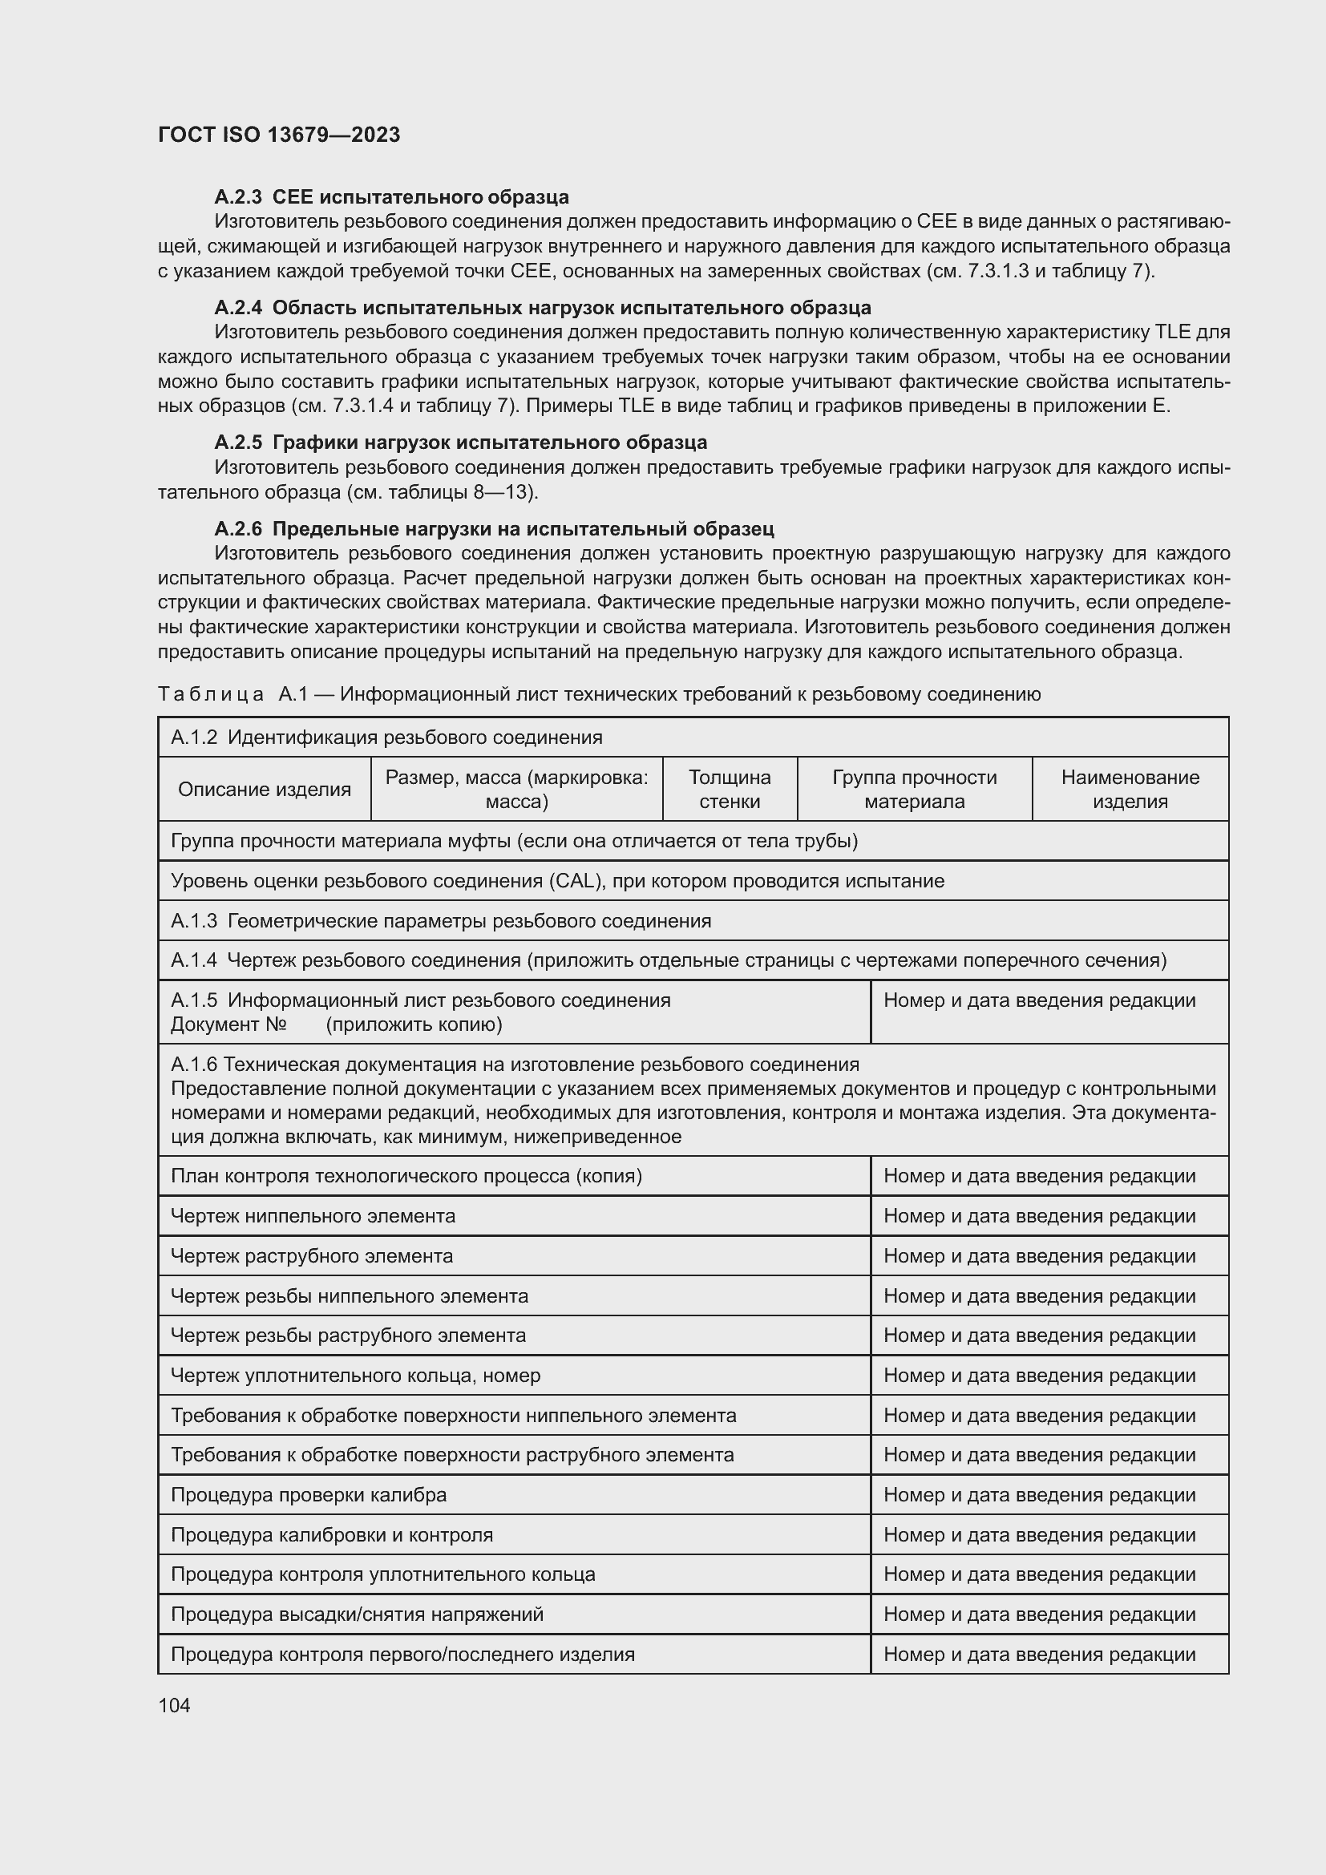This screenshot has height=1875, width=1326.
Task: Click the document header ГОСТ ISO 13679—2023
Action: pyautogui.click(x=278, y=135)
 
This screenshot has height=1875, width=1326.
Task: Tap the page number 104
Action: pyautogui.click(x=174, y=1705)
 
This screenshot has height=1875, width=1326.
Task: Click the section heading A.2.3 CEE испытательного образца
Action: pyautogui.click(x=391, y=197)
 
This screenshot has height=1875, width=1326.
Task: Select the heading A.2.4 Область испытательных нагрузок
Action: pyautogui.click(x=542, y=308)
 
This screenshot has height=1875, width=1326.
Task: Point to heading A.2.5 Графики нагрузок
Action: pyautogui.click(x=460, y=442)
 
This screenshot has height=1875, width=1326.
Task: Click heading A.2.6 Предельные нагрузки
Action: pyautogui.click(x=494, y=528)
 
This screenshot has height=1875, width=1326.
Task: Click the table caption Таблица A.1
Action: pyautogui.click(x=599, y=694)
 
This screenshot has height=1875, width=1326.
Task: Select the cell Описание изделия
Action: pyautogui.click(x=265, y=789)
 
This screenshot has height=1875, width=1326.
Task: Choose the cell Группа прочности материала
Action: pyautogui.click(x=914, y=789)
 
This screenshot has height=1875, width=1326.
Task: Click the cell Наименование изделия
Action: pyautogui.click(x=1130, y=789)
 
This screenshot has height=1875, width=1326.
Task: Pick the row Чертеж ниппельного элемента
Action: pyautogui.click(x=313, y=1216)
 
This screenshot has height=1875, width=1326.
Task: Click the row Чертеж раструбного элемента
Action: pyautogui.click(x=312, y=1256)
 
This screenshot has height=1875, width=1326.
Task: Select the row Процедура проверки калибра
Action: pyautogui.click(x=309, y=1495)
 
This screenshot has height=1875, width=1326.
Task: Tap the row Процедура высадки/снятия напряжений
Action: pyautogui.click(x=357, y=1614)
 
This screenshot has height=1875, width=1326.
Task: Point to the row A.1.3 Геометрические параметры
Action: pyautogui.click(x=441, y=921)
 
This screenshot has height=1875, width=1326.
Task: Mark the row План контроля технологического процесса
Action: pyautogui.click(x=406, y=1176)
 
